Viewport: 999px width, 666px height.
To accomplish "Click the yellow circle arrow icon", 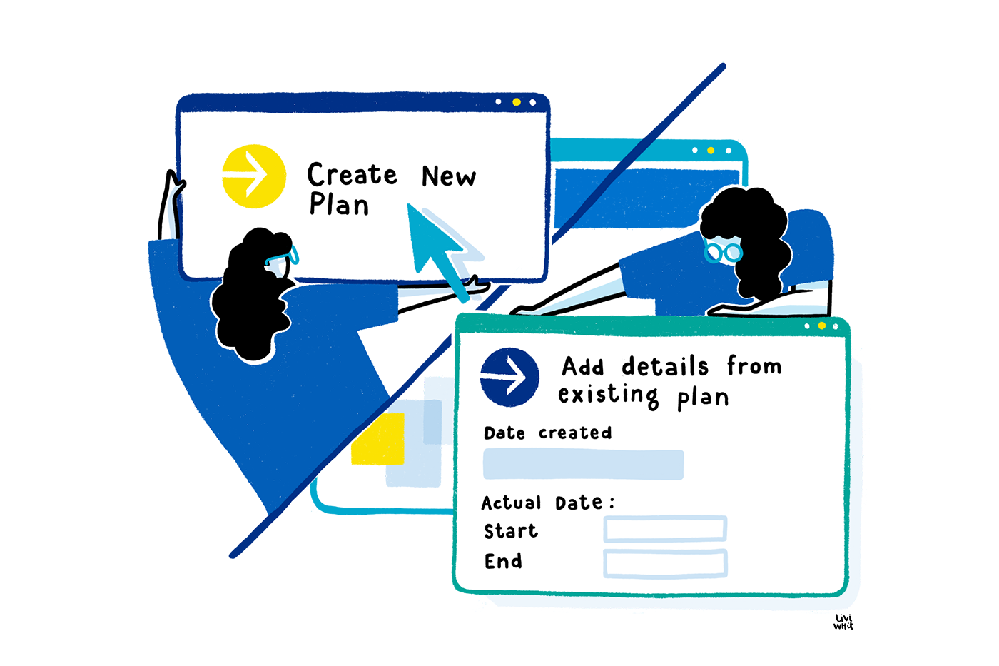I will coord(253,176).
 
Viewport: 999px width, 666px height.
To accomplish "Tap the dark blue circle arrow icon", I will coord(509,377).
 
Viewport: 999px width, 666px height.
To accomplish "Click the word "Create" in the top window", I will coord(352,174).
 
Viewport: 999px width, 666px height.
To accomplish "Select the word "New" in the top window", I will coord(448,176).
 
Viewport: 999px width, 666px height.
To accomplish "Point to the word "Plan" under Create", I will coord(339,205).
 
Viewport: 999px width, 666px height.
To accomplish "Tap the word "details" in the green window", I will coord(665,366).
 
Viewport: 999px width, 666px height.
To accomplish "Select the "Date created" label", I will coord(547,433).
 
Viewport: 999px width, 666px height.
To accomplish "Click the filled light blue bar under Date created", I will coord(583,464).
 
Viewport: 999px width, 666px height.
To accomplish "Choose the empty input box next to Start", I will coord(665,529).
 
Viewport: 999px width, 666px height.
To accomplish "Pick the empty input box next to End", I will coord(665,562).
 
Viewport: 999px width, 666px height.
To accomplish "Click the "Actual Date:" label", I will coord(547,503).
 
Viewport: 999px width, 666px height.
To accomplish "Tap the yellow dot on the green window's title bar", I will coord(821,326).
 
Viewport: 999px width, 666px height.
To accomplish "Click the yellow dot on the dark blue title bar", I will coord(516,102).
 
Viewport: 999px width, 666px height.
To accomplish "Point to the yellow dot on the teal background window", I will coord(711,151).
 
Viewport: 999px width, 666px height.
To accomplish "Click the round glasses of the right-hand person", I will coord(722,252).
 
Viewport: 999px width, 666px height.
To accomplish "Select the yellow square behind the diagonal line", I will coord(379,439).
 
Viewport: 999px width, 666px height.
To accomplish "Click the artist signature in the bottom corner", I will coord(843,622).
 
